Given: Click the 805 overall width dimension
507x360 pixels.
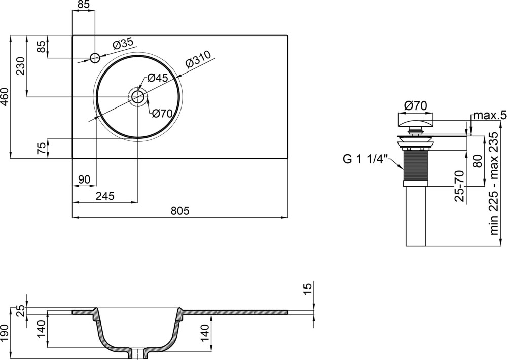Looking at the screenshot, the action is pos(179,211).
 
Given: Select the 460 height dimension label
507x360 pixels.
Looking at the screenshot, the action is pos(5,97).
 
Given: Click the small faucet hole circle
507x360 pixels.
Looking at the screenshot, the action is pos(95,58).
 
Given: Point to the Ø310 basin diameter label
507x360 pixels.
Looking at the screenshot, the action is pos(198,59).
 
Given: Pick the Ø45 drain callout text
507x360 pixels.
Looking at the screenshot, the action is pos(157,78).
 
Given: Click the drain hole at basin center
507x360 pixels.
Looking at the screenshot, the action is pos(138,96).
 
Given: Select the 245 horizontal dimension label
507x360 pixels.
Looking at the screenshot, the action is pos(105,196).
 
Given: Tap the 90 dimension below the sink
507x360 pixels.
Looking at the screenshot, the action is pos(84,179).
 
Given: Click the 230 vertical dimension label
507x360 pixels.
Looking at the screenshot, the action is pos(21,66).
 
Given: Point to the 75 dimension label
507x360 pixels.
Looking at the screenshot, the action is pos(42,149).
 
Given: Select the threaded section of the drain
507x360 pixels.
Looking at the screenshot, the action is pos(416,166).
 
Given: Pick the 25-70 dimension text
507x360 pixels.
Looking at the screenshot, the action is pos(459,186).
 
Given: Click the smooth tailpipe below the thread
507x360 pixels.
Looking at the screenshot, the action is pos(416,216).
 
